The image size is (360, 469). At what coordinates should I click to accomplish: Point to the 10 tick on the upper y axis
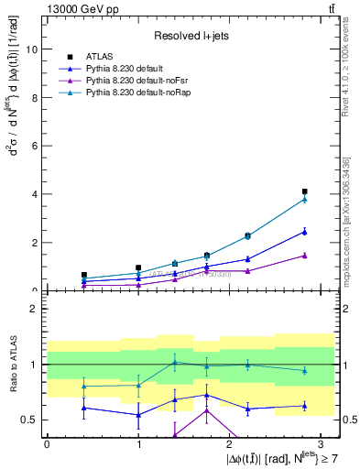[34, 49]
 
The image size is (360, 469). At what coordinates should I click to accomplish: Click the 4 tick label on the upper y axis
[37, 194]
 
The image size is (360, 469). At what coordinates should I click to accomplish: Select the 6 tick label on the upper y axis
[37, 146]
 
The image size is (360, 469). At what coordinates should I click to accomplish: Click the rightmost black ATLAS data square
[304, 191]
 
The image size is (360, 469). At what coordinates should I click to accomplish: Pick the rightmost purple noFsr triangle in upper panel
[304, 256]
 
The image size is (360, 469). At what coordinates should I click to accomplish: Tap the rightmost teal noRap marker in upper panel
[304, 199]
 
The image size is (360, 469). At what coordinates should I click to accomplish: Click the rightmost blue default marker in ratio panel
[304, 406]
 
